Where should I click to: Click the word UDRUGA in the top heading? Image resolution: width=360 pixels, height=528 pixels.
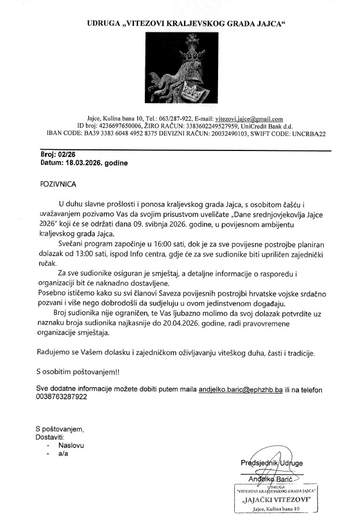tap(103, 24)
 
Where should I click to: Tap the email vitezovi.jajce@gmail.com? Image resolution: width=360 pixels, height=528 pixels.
tap(245, 119)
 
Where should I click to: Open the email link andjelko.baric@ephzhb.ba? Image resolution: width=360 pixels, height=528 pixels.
tap(240, 390)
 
